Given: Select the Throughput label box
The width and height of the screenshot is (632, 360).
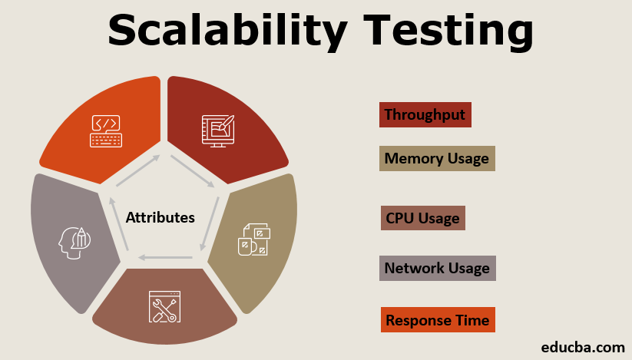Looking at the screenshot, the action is pyautogui.click(x=425, y=115).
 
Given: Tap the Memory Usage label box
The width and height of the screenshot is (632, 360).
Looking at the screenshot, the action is pyautogui.click(x=437, y=159).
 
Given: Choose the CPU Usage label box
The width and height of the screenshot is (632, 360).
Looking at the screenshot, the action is pyautogui.click(x=423, y=218).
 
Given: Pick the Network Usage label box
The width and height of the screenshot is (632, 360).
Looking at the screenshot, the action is pyautogui.click(x=437, y=268).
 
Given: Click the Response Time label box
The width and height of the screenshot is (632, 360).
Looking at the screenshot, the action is pyautogui.click(x=438, y=320).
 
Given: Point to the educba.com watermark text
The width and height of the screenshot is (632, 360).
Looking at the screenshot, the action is pyautogui.click(x=583, y=347).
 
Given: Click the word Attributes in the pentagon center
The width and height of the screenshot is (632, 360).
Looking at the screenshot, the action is pyautogui.click(x=160, y=217).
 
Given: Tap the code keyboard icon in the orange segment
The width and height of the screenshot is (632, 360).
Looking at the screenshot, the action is pyautogui.click(x=106, y=131).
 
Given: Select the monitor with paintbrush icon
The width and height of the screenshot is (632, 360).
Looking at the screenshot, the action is pyautogui.click(x=218, y=130).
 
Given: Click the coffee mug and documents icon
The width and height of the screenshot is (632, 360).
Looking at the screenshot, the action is pyautogui.click(x=254, y=239).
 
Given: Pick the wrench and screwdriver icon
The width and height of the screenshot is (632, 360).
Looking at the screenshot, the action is pyautogui.click(x=164, y=307).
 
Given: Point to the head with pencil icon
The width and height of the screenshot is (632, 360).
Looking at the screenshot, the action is pyautogui.click(x=74, y=243).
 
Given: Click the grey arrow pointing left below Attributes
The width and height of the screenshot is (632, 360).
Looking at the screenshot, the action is pyautogui.click(x=165, y=257).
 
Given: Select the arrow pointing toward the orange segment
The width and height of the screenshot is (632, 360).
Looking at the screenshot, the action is pyautogui.click(x=138, y=170).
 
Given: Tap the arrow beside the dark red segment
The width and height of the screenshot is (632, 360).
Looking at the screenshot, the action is pyautogui.click(x=193, y=171).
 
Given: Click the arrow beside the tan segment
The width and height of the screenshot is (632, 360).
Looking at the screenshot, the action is pyautogui.click(x=210, y=224).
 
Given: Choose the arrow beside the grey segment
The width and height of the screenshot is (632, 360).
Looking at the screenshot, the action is pyautogui.click(x=119, y=224).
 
